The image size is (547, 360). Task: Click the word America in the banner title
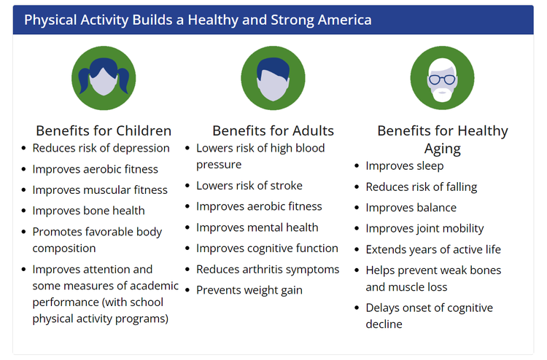point(345,20)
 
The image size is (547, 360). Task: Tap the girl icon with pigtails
point(104,78)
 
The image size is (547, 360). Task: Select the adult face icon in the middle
point(273,78)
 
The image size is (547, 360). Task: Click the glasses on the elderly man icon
point(442,80)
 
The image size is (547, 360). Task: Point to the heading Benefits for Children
point(104,130)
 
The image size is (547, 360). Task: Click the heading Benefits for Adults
point(273,130)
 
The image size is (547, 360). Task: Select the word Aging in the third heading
point(443,149)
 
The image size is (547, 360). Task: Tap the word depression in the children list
point(144,148)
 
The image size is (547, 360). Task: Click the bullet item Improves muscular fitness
point(100,190)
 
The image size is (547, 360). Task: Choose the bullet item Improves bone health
point(88,211)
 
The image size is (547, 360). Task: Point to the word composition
point(64,249)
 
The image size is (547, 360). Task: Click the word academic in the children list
point(154,286)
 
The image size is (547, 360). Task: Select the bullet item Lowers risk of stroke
point(249,186)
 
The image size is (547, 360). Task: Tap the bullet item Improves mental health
point(257,227)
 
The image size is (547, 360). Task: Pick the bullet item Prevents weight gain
point(249,290)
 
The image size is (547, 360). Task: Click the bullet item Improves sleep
point(405,166)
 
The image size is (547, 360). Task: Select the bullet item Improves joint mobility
point(424,229)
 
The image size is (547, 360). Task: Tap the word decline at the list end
point(384,324)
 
